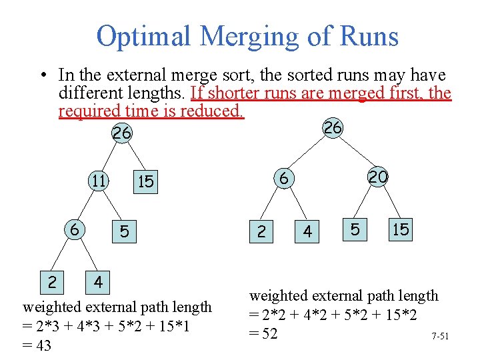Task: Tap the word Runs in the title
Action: coord(369,36)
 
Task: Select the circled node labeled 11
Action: coord(99,181)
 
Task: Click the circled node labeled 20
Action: coord(378,177)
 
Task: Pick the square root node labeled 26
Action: coord(121,133)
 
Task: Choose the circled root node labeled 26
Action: coord(332,128)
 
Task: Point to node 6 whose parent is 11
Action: coord(75,229)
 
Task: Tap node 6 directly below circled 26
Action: coord(283,178)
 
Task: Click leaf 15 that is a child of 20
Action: coord(401,229)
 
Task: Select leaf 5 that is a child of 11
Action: coord(124,232)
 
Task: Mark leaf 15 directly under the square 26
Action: coord(145,182)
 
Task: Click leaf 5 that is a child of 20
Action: coord(355,229)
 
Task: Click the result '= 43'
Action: coord(37,345)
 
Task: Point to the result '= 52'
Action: coord(263,333)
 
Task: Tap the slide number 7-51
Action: coord(440,336)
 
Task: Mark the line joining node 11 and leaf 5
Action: coord(111,206)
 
